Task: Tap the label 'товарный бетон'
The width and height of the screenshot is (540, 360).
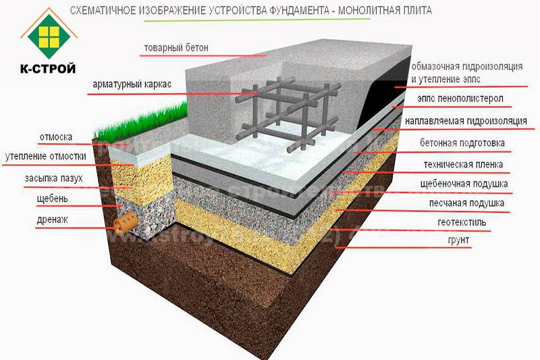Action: pos(176,47)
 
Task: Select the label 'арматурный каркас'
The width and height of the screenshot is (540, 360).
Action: pos(132,84)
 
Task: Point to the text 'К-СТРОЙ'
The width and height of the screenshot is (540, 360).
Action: pos(48,69)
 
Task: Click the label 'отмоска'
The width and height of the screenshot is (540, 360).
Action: pos(56,137)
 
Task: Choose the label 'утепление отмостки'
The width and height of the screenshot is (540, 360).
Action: pos(45,157)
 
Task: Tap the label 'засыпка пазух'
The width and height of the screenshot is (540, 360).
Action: pos(54,178)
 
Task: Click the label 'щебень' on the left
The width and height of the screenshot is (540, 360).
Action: pos(53,199)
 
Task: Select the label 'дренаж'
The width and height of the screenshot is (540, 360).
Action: pos(53,220)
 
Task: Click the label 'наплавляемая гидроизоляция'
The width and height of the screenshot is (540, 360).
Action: pos(466,121)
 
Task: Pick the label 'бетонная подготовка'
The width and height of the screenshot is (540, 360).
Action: pos(462,143)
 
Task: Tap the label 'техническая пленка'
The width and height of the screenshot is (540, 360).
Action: pos(463,164)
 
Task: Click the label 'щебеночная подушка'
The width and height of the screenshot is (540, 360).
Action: pos(464,184)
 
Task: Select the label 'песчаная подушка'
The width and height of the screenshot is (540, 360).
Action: pos(466,203)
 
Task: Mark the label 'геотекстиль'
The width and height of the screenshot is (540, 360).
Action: pos(462,222)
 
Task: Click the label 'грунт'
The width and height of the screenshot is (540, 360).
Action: pos(458,240)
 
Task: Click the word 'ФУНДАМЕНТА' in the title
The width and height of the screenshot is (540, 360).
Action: pos(298,10)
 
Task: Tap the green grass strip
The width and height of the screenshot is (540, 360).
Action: pos(142,122)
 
